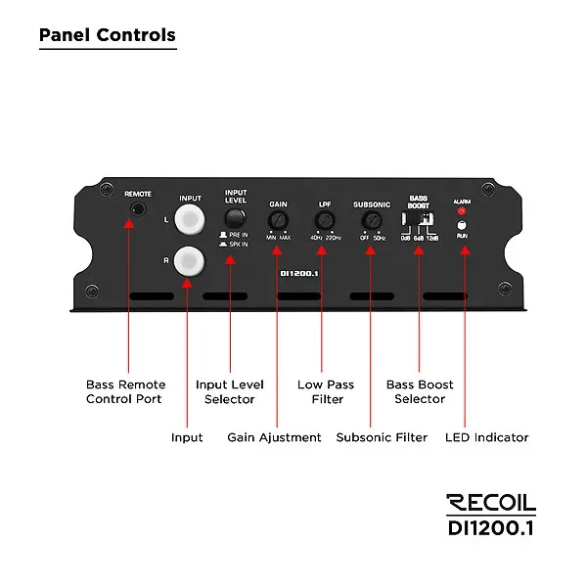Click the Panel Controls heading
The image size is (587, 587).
pyautogui.click(x=108, y=36)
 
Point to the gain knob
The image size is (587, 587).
pyautogui.click(x=278, y=219)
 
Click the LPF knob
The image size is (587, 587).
pyautogui.click(x=324, y=219)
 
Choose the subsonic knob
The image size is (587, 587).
pyautogui.click(x=371, y=219)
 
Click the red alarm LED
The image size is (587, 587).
pyautogui.click(x=463, y=210)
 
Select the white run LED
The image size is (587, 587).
pyautogui.click(x=463, y=225)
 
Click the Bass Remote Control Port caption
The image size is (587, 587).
pyautogui.click(x=126, y=391)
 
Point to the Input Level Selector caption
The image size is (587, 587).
pyautogui.click(x=230, y=391)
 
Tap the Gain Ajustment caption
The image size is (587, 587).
pyautogui.click(x=274, y=437)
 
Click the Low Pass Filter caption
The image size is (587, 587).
pyautogui.click(x=321, y=391)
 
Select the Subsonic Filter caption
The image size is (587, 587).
pyautogui.click(x=382, y=437)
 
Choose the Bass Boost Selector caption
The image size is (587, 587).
pyautogui.click(x=420, y=391)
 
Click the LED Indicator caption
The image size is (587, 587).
pyautogui.click(x=486, y=437)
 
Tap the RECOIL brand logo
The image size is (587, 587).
pyautogui.click(x=491, y=503)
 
